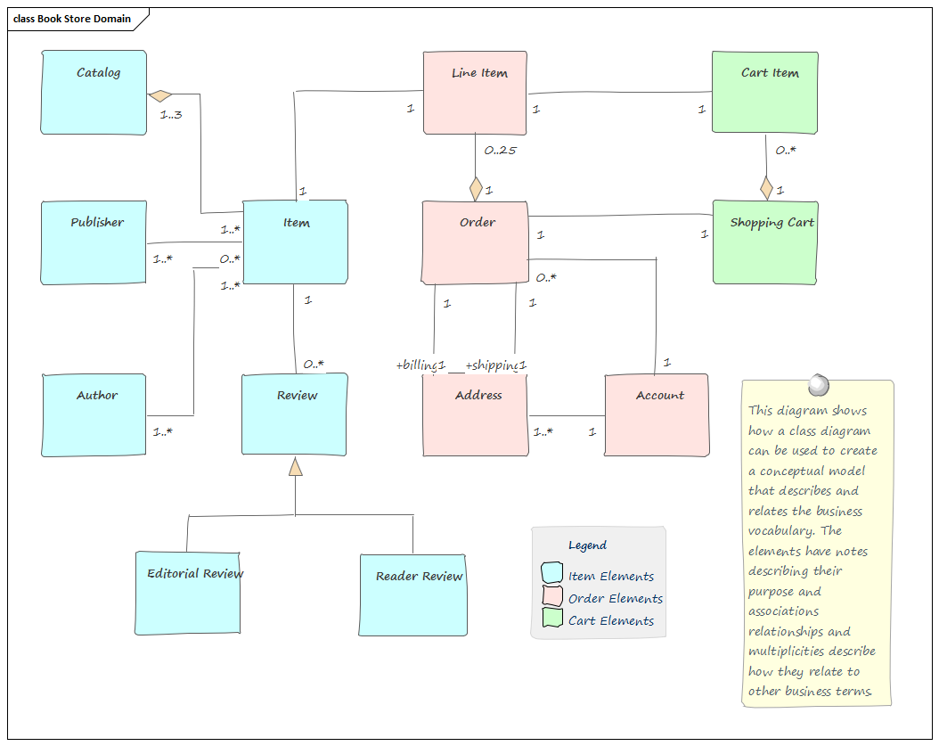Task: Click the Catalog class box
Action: tap(94, 93)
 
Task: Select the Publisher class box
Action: tap(94, 242)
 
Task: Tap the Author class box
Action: tap(94, 415)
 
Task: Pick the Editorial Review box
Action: tap(188, 593)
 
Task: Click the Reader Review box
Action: tap(413, 594)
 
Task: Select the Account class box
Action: tap(657, 415)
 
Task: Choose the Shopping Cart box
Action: tap(765, 242)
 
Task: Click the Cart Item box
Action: tap(765, 93)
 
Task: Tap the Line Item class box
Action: tap(476, 93)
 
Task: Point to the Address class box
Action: tap(476, 415)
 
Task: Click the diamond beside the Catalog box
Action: tap(160, 94)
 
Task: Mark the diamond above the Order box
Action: tap(476, 189)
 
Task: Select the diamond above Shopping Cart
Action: tap(766, 188)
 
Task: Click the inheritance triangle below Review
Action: tap(295, 466)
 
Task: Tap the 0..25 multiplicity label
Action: tap(500, 150)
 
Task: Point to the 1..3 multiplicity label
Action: tap(171, 114)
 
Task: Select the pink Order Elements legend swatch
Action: tap(552, 596)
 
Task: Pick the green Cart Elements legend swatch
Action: tap(552, 619)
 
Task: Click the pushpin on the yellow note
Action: tap(817, 385)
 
